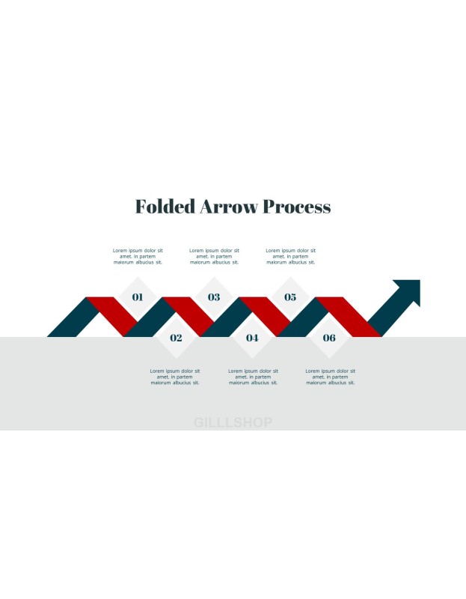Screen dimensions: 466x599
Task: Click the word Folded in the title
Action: coord(165,207)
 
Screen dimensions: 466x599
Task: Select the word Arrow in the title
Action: coord(229,207)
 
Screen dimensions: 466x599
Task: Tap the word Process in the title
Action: coord(297,207)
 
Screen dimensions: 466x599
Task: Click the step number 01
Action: coord(138,297)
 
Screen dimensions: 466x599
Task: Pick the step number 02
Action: coord(176,338)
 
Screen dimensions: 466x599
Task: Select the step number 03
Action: coord(214,297)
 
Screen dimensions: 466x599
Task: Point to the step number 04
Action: coord(252,338)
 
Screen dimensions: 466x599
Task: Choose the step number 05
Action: coord(290,297)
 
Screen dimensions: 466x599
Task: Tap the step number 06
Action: coord(329,338)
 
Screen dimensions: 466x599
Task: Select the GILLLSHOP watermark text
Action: coord(233,422)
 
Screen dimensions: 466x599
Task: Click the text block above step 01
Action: coord(138,256)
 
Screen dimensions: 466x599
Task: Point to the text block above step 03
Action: coord(214,256)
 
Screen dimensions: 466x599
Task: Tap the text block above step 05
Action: coord(291,256)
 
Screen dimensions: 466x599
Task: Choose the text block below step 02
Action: coord(175,377)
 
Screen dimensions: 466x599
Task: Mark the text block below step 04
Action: coord(253,377)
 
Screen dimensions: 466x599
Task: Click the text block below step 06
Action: coord(330,377)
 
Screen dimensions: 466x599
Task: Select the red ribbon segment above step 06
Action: coord(348,317)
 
